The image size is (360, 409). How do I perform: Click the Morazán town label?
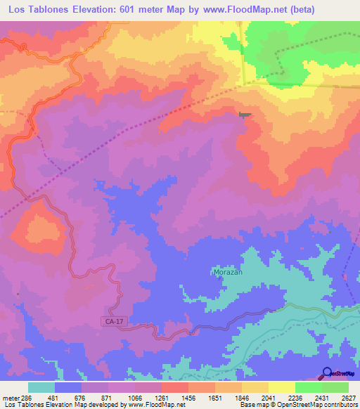click(227, 272)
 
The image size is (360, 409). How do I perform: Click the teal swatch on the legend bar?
click(41, 387)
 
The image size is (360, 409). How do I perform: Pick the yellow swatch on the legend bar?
click(281, 387)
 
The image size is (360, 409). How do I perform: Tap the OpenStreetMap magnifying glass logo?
click(326, 374)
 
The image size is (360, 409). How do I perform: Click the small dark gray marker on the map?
click(244, 115)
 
